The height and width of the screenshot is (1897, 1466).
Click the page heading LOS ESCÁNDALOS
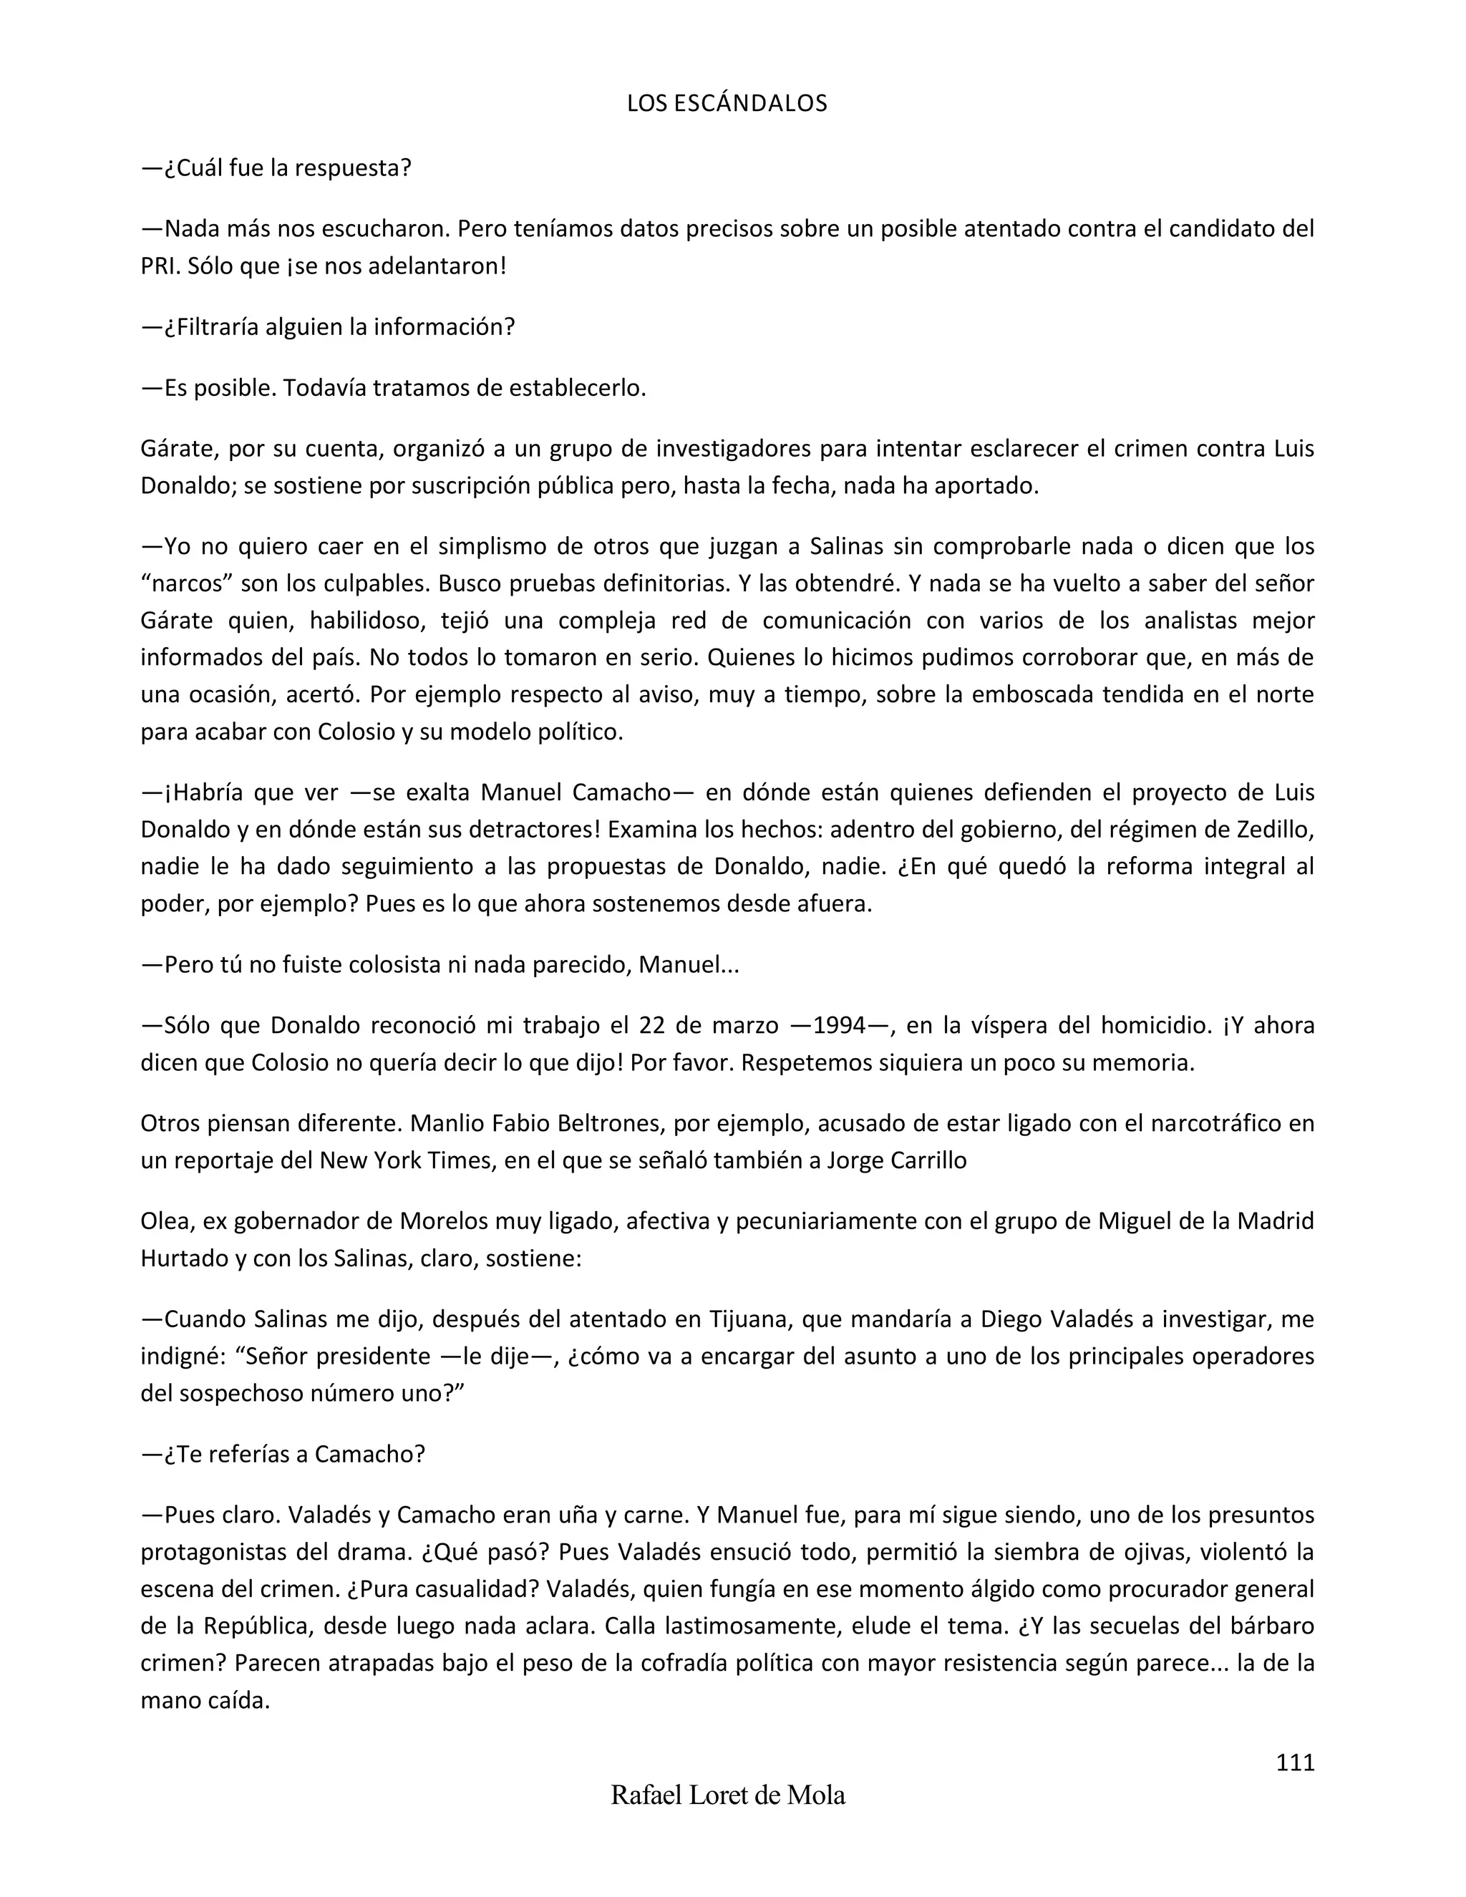coord(727,103)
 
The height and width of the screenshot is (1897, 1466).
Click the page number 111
coord(1295,1762)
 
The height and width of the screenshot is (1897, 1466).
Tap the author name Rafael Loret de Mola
coord(728,1795)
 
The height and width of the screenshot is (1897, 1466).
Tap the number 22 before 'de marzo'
coord(652,1026)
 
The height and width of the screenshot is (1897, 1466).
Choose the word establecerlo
coord(578,387)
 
